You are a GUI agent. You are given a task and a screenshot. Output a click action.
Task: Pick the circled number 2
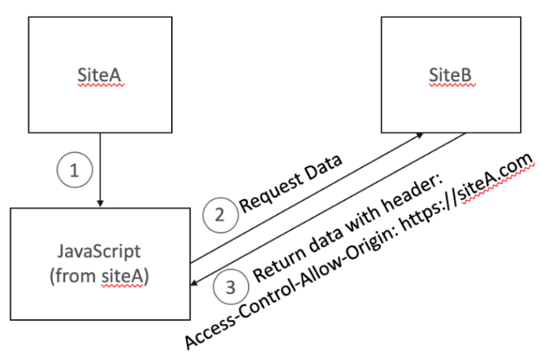pos(220,215)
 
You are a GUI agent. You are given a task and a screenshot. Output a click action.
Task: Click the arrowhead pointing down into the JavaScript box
pos(100,201)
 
